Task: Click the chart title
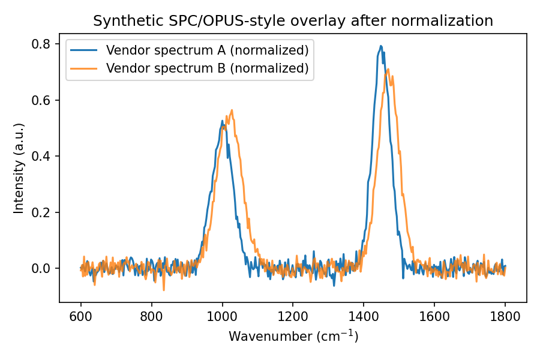click(x=293, y=21)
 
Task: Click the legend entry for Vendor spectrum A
click(x=207, y=49)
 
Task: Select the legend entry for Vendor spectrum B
click(x=207, y=68)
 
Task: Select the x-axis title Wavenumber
click(x=293, y=337)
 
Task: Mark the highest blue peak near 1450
click(x=380, y=46)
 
